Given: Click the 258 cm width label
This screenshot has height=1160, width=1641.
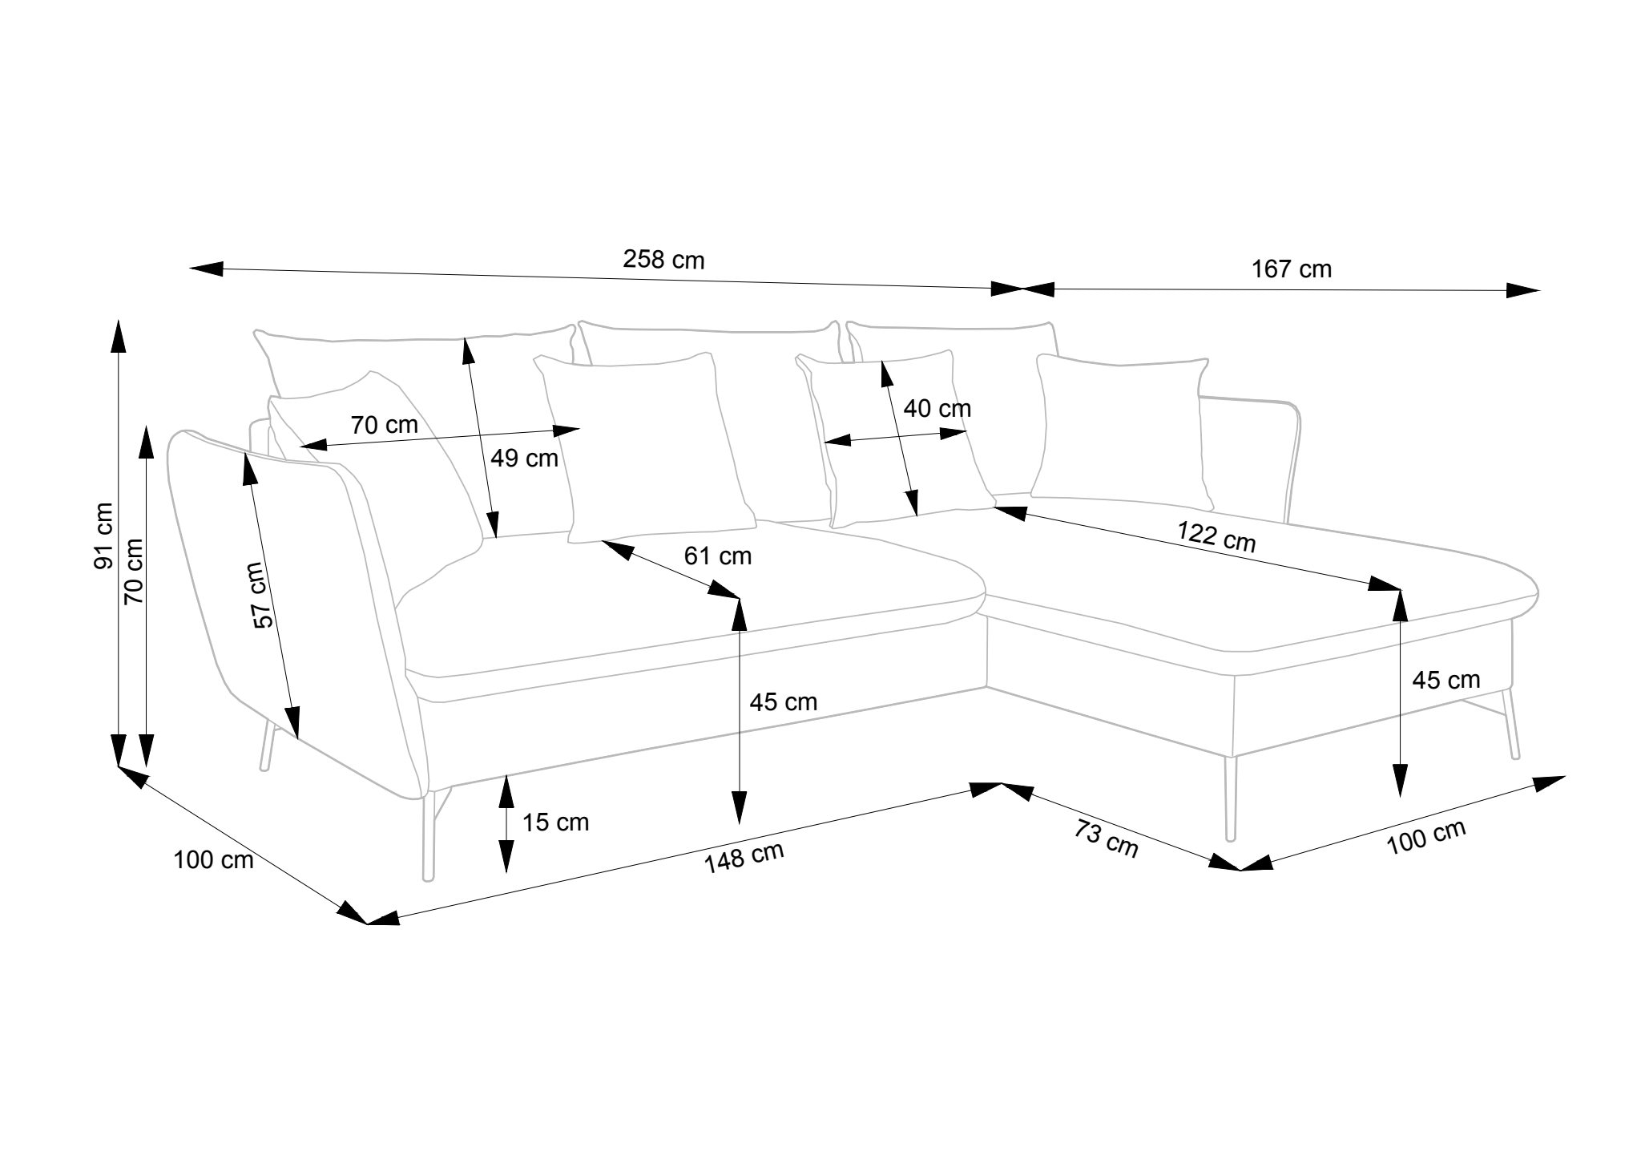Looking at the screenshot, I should click(663, 260).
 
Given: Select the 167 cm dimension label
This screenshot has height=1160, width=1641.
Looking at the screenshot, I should click(1292, 269).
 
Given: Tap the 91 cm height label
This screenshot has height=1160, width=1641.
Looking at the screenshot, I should click(104, 536).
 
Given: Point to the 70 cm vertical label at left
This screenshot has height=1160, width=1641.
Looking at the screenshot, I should click(134, 570).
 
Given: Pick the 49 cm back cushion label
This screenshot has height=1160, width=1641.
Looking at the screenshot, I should click(524, 459).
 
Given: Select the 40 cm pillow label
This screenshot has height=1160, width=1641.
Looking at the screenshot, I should click(937, 409).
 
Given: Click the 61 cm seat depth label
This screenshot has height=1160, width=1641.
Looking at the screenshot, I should click(718, 556).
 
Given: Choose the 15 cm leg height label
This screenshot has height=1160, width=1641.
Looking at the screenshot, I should click(555, 822).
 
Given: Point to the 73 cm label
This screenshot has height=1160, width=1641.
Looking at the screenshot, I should click(1106, 839).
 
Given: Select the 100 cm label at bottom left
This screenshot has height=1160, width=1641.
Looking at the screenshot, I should click(213, 860).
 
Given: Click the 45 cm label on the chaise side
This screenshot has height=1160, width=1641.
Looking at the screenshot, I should click(1445, 681).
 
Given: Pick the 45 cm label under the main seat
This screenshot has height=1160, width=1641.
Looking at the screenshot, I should click(783, 702).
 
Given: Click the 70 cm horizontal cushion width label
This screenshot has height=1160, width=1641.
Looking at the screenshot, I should click(384, 425).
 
